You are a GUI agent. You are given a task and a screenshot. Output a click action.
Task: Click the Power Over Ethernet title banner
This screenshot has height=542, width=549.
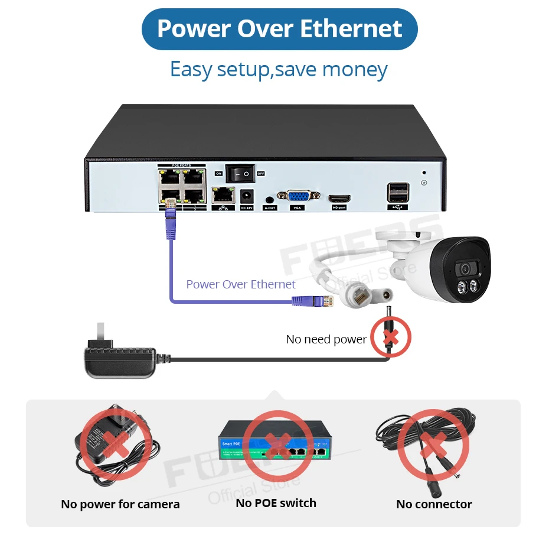point(279,29)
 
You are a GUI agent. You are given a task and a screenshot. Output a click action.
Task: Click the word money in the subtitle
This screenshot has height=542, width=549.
point(355,69)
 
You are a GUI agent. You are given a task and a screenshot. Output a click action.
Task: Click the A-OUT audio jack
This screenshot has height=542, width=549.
point(270,200)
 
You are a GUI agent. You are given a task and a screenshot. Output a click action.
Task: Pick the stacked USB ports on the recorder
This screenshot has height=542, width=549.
point(397,192)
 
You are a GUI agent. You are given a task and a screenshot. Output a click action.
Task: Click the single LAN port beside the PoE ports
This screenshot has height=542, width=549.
point(223,194)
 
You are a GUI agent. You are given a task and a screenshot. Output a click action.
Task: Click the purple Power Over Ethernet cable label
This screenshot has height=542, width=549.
point(241,284)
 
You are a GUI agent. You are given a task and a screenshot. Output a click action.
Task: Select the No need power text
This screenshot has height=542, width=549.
point(326,339)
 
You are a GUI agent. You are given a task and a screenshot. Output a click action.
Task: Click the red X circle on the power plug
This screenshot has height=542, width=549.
point(390,337)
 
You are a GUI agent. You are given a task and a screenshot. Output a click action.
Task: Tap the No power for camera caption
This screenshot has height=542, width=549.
point(120,504)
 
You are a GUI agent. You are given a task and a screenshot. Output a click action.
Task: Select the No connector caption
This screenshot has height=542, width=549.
point(434,504)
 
